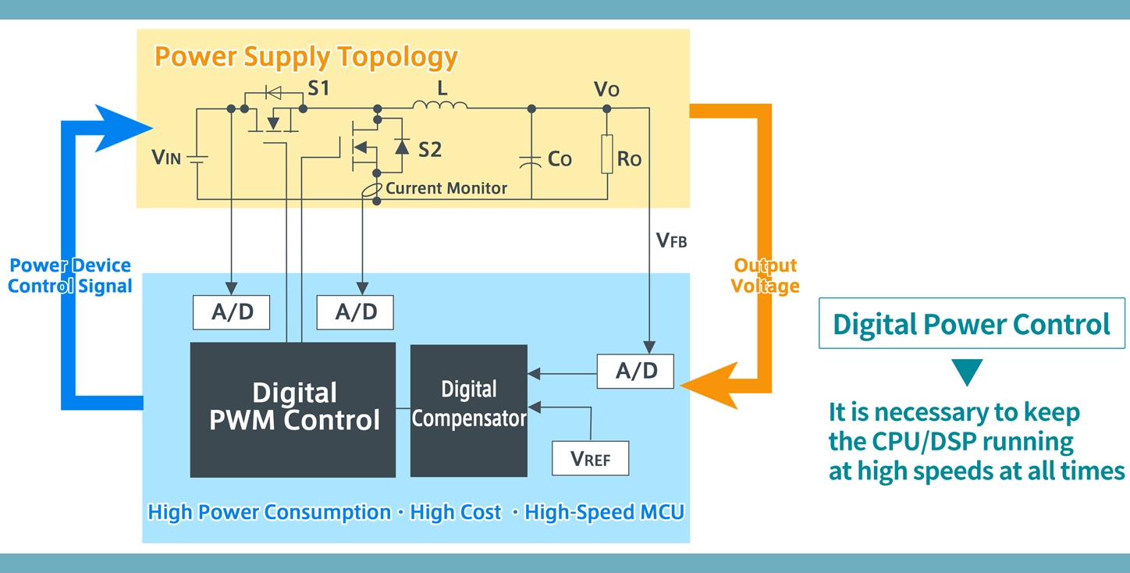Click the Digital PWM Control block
293,409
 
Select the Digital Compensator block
469,410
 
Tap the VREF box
590,458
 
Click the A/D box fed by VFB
636,372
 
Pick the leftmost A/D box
232,312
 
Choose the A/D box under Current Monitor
355,312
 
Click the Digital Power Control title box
971,323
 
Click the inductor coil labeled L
440,106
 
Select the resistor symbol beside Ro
607,154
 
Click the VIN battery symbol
197,158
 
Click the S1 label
318,88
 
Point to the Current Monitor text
446,188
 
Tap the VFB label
671,240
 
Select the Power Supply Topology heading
306,57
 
